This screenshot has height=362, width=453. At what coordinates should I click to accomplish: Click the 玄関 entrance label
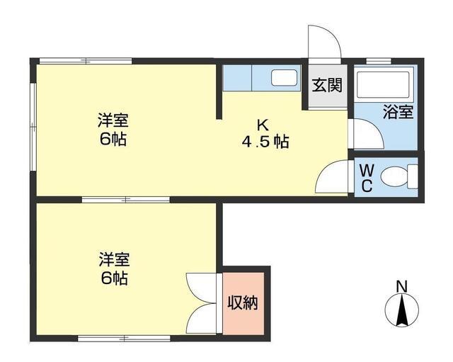(x=327, y=86)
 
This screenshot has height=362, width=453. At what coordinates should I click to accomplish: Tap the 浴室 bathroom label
(x=398, y=112)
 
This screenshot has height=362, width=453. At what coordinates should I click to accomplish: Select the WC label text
(x=367, y=178)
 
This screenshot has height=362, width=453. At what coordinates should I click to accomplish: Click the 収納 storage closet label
(x=242, y=302)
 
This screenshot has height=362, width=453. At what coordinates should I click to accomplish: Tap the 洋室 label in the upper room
(x=113, y=120)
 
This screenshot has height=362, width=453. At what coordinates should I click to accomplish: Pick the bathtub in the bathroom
(x=384, y=85)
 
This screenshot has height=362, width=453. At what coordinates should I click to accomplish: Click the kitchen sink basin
(x=285, y=78)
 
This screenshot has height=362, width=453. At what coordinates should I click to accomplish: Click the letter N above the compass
(x=401, y=286)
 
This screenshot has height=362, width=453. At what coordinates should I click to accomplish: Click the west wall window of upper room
(x=32, y=128)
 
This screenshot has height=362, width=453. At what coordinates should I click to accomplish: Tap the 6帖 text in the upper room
(x=113, y=140)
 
